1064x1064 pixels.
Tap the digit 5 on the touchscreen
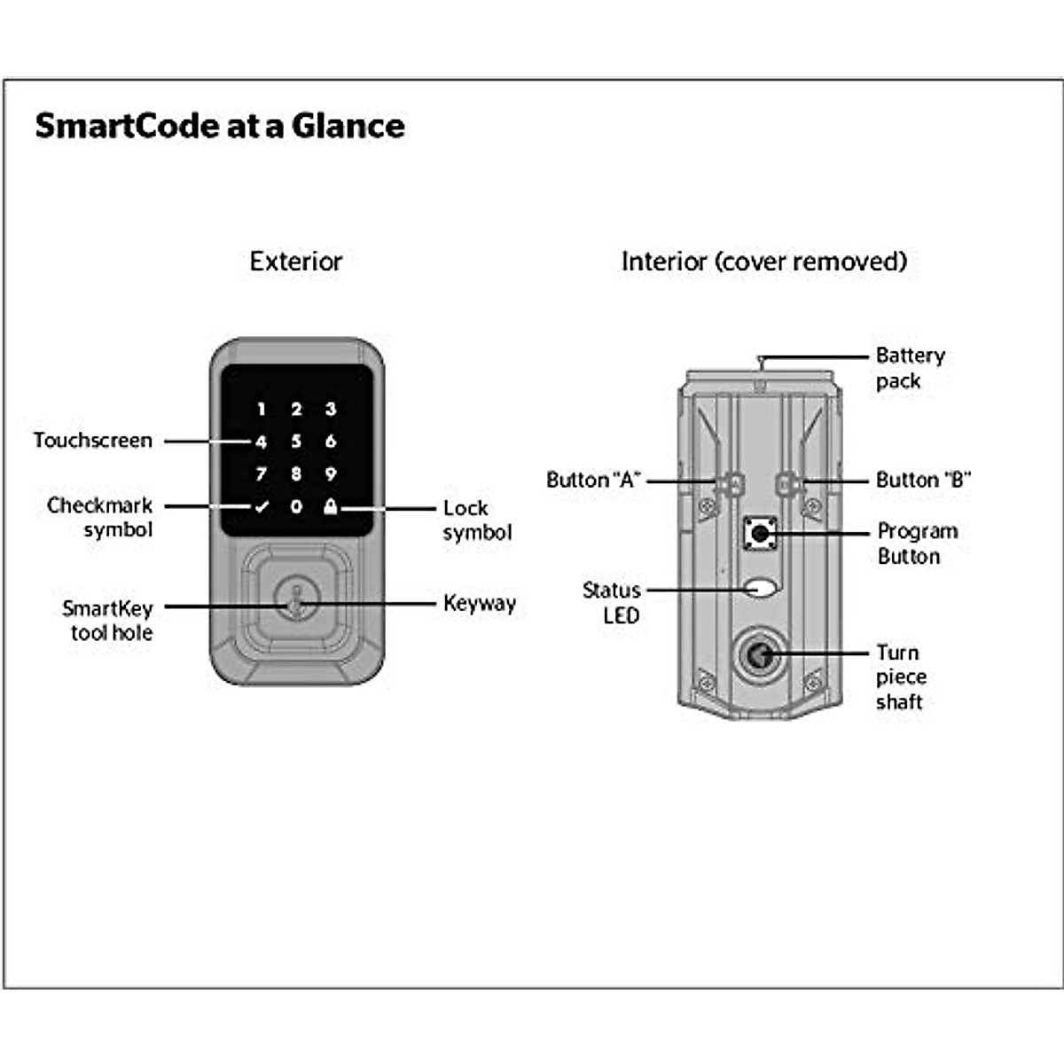(296, 442)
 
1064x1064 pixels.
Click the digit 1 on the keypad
(262, 409)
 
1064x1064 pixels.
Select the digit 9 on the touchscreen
(331, 473)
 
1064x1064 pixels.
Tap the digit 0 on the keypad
(296, 506)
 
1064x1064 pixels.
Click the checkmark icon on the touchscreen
(262, 506)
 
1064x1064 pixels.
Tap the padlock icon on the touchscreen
(330, 505)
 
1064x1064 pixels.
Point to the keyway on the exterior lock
(296, 598)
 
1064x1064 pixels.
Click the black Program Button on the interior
(760, 534)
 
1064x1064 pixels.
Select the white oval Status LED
(760, 588)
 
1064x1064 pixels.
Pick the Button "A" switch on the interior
(731, 483)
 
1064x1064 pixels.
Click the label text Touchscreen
(93, 441)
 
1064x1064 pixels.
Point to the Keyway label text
(480, 604)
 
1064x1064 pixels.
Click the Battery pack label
(911, 368)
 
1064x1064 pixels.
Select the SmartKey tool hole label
(107, 621)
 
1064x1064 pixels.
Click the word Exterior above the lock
(296, 262)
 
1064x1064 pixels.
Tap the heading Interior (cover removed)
(764, 262)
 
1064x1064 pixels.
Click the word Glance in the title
(348, 126)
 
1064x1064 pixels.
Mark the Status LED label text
(612, 603)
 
